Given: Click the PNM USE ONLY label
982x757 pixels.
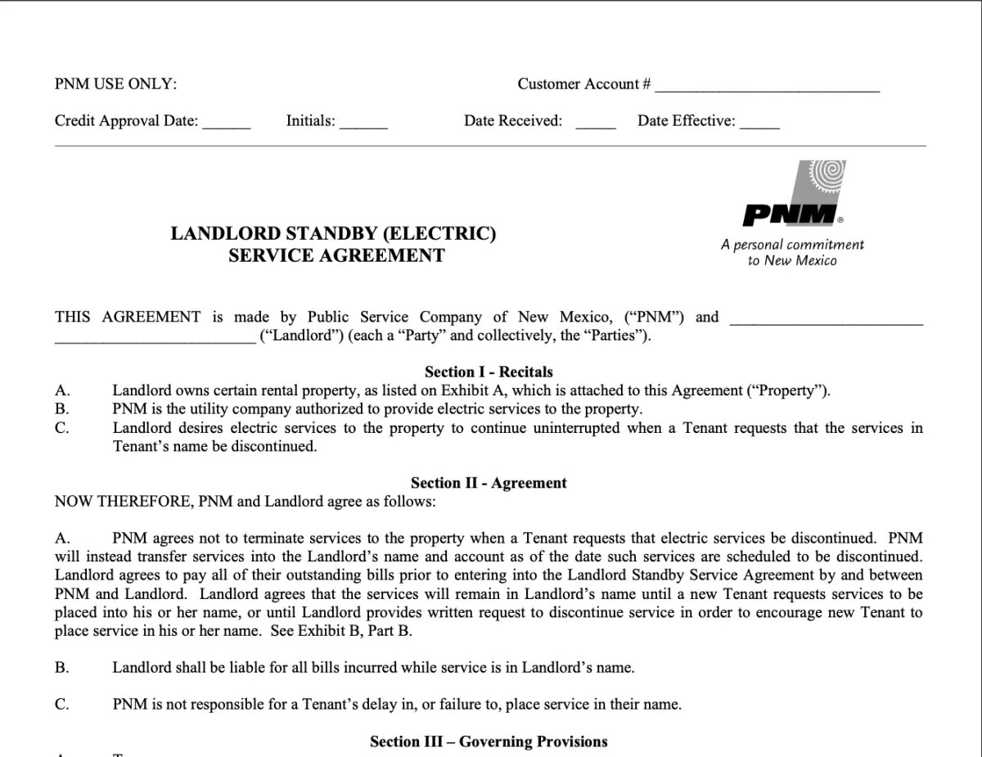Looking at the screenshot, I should [x=115, y=84].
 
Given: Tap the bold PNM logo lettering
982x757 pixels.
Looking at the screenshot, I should [x=789, y=216].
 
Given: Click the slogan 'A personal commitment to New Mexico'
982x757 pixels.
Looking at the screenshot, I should [x=792, y=252].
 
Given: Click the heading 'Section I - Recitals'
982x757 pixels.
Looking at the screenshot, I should [x=489, y=372].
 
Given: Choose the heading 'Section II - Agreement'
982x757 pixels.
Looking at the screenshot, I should [x=489, y=483].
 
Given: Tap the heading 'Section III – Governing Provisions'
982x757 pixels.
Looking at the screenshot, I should [x=489, y=741].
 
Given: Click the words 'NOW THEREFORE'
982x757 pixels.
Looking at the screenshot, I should [x=124, y=502].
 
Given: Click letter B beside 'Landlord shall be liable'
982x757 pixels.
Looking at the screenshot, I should [x=61, y=668].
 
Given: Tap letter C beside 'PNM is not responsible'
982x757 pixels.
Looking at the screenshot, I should [x=61, y=704].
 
